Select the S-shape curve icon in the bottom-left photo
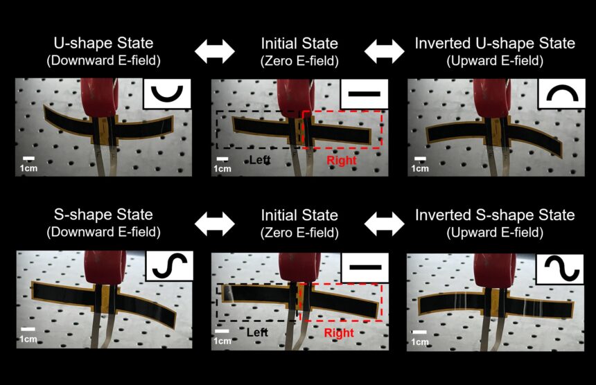(x=170, y=266)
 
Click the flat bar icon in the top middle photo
(x=364, y=93)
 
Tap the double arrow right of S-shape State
(x=215, y=224)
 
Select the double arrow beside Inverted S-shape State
(x=385, y=224)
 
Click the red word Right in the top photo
(x=342, y=161)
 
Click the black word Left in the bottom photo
(x=257, y=332)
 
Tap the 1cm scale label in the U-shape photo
(x=29, y=168)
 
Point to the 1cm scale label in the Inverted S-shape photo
(x=420, y=341)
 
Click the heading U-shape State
(x=103, y=43)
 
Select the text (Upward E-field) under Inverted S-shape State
(x=495, y=232)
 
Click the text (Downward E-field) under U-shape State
(x=103, y=60)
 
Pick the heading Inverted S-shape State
(x=495, y=215)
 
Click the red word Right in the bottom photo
(x=339, y=333)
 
